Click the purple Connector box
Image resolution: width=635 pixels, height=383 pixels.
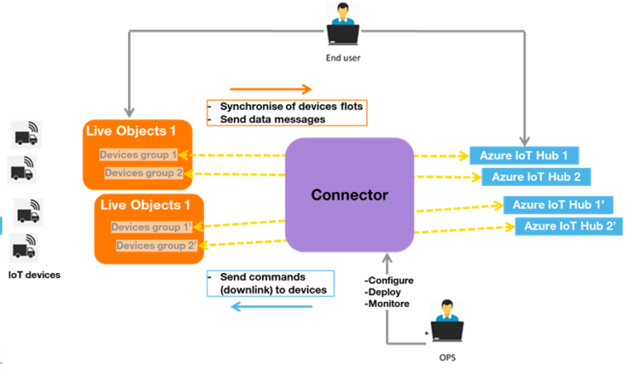(349, 195)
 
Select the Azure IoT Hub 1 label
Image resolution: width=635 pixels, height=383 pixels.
(523, 156)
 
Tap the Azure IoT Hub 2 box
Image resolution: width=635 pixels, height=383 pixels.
(536, 176)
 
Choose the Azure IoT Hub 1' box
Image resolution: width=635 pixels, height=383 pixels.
(557, 204)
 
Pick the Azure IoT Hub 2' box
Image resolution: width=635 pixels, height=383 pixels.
(569, 226)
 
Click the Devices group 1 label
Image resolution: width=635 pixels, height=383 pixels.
(138, 155)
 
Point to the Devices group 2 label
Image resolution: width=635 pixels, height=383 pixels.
(143, 173)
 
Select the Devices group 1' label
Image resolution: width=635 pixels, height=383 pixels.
(151, 227)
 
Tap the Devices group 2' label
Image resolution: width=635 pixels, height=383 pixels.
(156, 246)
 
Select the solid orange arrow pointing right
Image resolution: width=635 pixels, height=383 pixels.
(270, 89)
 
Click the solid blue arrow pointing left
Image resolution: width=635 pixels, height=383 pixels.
(270, 307)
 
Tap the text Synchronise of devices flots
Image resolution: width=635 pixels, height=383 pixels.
(291, 107)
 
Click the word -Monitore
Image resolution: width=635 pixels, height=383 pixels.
(389, 304)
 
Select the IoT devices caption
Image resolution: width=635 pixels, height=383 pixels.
(35, 274)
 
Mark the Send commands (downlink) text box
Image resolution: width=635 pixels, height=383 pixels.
(270, 283)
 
